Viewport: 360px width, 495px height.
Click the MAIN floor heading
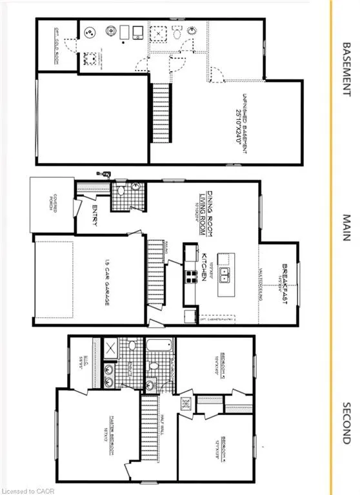(x=346, y=228)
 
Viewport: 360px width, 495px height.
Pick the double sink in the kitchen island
(x=225, y=277)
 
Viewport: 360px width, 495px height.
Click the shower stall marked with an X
(x=110, y=351)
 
